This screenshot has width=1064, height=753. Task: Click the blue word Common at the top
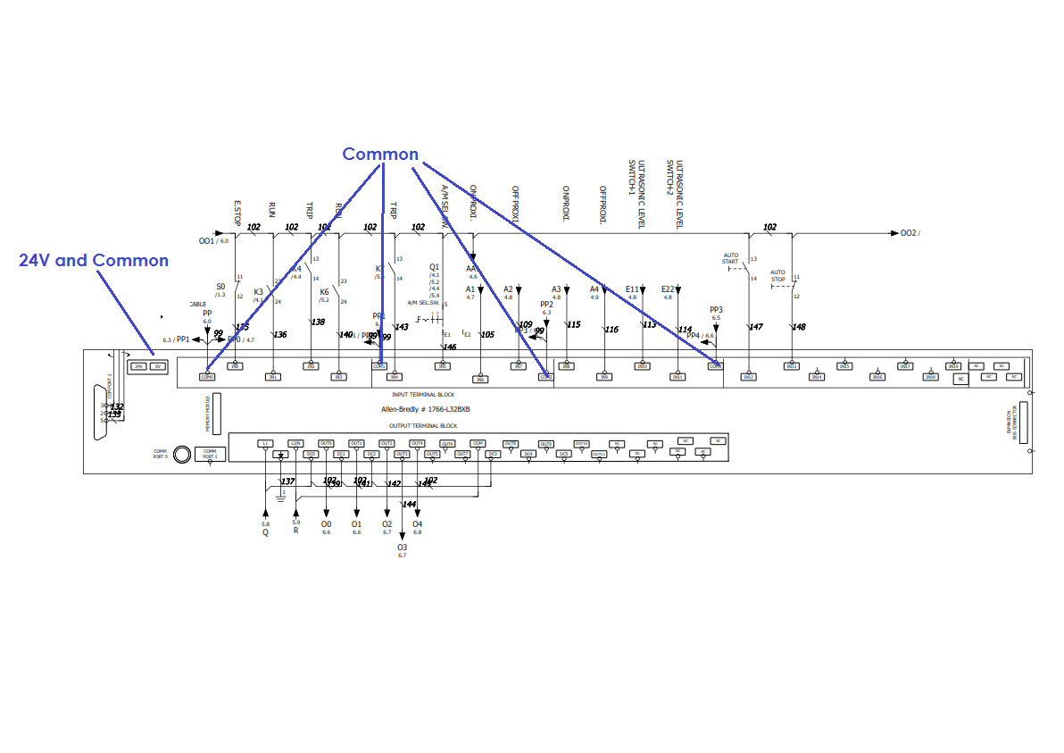[x=380, y=155]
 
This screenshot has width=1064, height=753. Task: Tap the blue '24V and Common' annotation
[x=94, y=260]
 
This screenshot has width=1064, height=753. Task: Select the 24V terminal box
[x=138, y=366]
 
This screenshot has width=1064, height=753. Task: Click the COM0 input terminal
[x=207, y=377]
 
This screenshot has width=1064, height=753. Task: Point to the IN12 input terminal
[x=748, y=377]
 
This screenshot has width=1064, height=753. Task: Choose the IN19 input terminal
[x=953, y=365]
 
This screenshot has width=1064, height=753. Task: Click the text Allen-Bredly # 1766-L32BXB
[x=425, y=409]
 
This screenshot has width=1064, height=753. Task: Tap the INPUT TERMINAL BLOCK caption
[x=423, y=394]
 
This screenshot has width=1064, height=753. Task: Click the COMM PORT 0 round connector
[x=182, y=454]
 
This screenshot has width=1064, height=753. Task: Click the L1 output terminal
[x=265, y=443]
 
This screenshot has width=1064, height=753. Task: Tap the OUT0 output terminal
[x=327, y=443]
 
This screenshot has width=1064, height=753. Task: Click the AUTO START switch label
[x=731, y=259]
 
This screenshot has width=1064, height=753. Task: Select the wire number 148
[x=799, y=327]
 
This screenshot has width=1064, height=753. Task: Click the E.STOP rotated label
[x=237, y=211]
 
